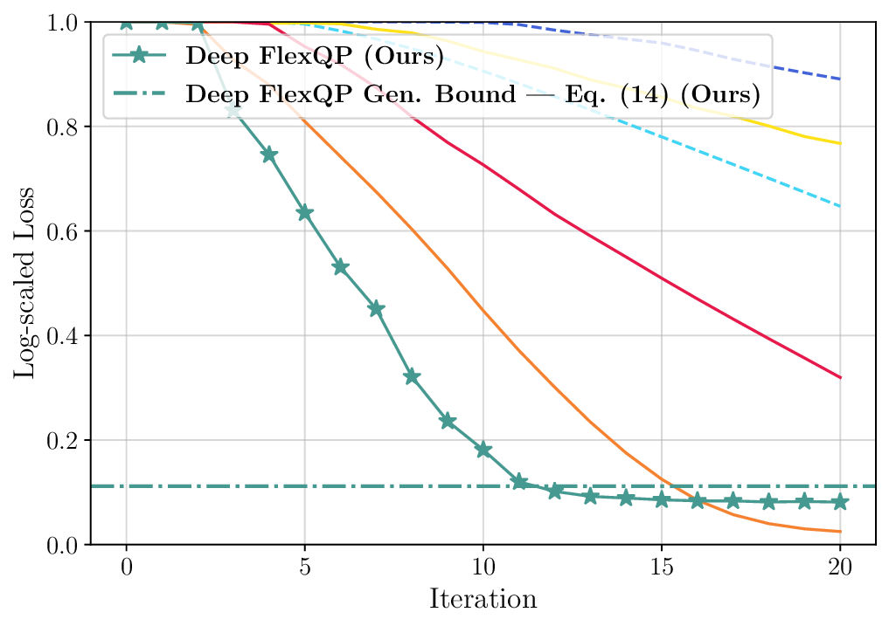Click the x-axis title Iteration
click(x=482, y=600)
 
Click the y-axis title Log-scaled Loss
click(x=24, y=283)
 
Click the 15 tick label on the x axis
click(x=661, y=568)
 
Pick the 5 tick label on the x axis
click(x=305, y=568)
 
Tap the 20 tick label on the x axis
click(x=839, y=568)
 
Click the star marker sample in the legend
click(x=140, y=57)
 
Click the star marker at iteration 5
click(x=305, y=213)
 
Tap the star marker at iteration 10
click(x=483, y=450)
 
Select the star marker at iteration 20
click(x=840, y=501)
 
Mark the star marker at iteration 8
click(x=412, y=377)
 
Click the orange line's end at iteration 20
click(x=840, y=532)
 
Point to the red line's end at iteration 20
click(x=840, y=378)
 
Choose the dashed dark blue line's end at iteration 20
click(x=840, y=79)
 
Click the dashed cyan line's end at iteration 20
click(x=840, y=207)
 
